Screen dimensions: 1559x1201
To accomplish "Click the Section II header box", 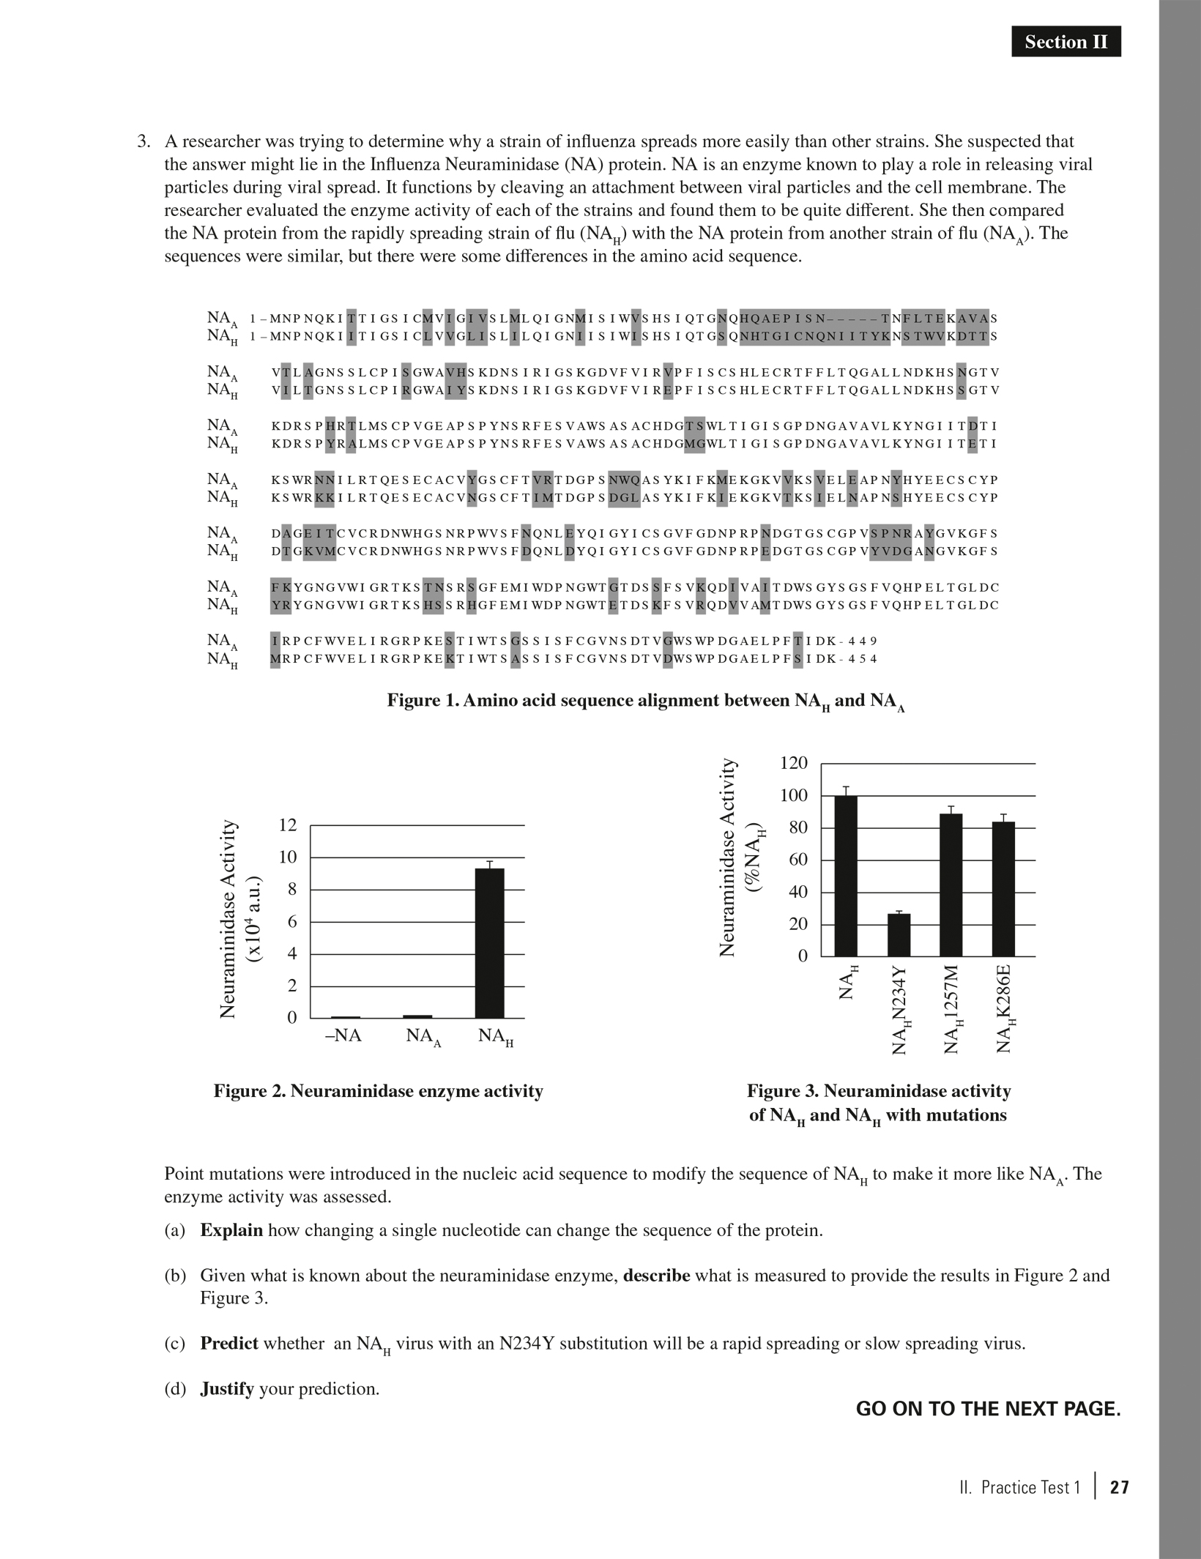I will tap(1066, 42).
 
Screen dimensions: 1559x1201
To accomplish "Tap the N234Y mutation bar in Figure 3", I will tap(899, 935).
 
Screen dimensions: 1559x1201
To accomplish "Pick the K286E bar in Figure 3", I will tap(1003, 889).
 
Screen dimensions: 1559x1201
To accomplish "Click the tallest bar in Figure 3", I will tap(846, 876).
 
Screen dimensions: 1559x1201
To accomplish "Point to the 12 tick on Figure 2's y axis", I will tap(289, 825).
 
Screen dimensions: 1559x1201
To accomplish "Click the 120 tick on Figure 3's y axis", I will tap(794, 763).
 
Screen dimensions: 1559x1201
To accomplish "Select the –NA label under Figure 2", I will tap(343, 1036).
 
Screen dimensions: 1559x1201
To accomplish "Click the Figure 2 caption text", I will tap(378, 1091).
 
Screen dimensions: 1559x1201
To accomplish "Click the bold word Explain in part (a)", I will tap(231, 1229).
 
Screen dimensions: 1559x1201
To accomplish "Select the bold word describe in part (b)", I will tap(656, 1275).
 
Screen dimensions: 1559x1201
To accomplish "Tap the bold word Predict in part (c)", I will tap(229, 1343).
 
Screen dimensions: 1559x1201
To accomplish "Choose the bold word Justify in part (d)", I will tap(227, 1388).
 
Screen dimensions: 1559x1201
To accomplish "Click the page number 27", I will tap(1120, 1487).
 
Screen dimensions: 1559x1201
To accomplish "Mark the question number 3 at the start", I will tap(144, 141).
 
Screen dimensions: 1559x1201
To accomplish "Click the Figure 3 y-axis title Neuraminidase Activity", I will tap(727, 857).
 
